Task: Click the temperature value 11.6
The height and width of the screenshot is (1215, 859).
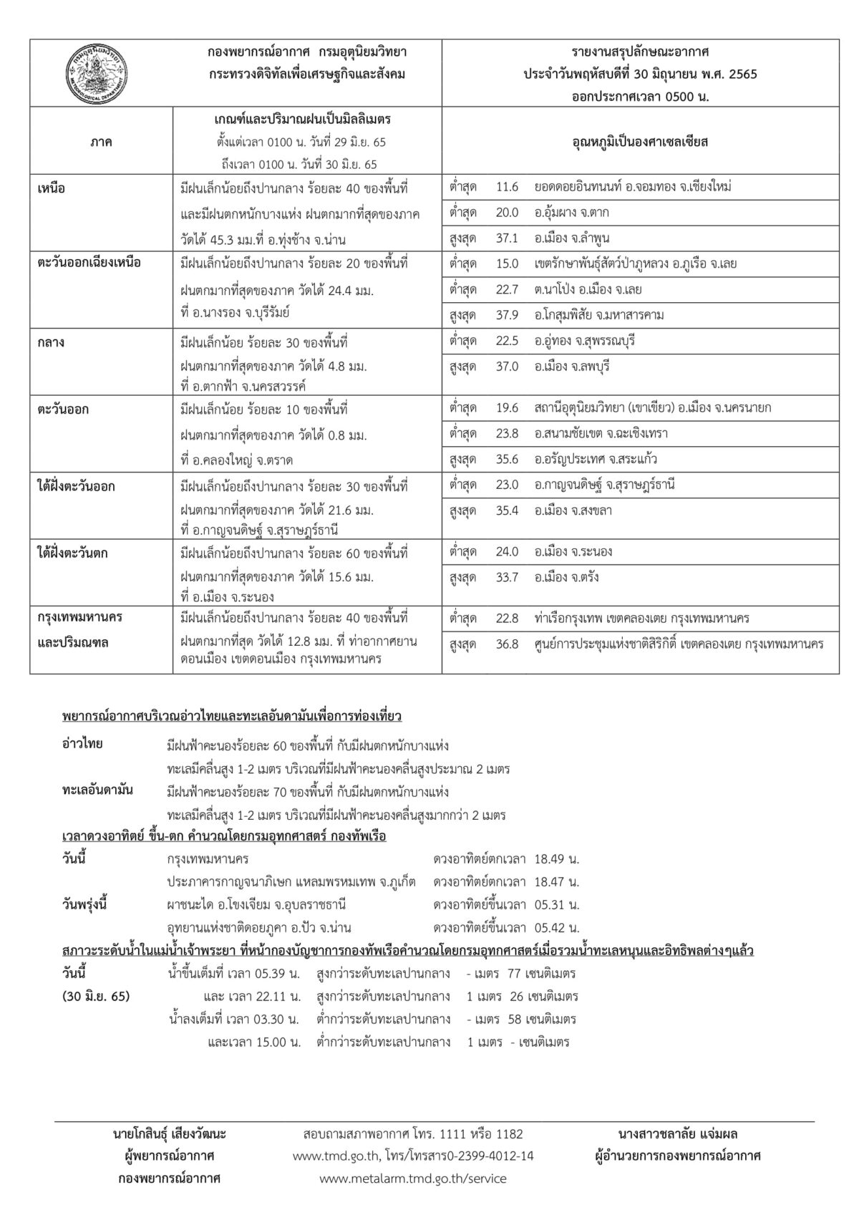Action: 506,187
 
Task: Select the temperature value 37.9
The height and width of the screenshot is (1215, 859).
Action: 506,315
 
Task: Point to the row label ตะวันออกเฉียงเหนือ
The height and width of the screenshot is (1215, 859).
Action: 89,263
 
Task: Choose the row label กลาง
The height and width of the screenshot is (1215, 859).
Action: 51,342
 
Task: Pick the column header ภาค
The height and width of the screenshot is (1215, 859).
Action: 101,142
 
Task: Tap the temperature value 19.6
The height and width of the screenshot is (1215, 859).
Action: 506,407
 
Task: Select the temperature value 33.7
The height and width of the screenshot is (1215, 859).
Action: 506,577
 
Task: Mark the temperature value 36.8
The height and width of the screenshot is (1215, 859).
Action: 506,644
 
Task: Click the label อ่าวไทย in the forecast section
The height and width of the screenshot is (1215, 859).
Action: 82,744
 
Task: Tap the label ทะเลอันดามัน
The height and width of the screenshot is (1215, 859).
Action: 97,790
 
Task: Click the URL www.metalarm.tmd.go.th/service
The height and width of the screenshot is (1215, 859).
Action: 413,1178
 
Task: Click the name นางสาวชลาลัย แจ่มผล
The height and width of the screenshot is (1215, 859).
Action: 677,1134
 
